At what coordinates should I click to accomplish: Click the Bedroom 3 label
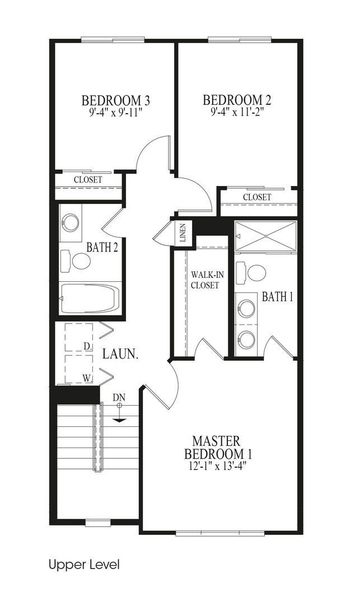(116, 100)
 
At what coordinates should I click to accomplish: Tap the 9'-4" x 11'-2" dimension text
(237, 111)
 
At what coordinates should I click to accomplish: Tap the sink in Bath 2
(71, 223)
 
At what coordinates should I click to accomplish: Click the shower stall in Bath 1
(266, 236)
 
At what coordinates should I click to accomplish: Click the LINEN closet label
(183, 232)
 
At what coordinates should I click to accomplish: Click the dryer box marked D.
(79, 337)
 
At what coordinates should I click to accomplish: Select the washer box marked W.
(79, 369)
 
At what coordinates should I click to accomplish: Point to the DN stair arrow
(119, 413)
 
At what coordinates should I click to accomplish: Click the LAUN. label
(120, 355)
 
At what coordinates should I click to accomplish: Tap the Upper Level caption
(84, 565)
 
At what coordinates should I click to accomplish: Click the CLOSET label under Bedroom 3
(88, 180)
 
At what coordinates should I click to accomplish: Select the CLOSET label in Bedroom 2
(257, 197)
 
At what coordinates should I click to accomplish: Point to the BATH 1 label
(278, 297)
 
